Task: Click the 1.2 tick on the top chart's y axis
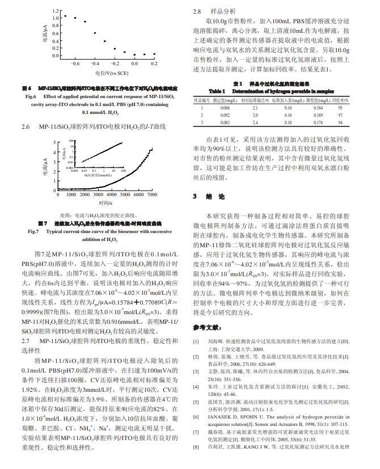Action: [56, 10]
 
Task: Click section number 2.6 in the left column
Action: [26, 125]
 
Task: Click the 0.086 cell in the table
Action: [225, 107]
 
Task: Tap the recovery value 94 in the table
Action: [340, 122]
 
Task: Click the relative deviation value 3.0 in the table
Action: [255, 115]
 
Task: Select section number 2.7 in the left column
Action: [26, 340]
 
